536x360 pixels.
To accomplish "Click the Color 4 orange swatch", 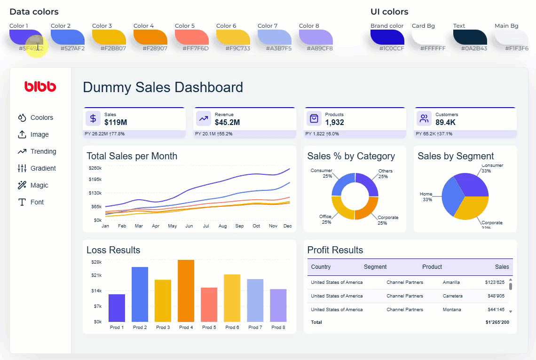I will [x=150, y=37].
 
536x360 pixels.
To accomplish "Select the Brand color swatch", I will [x=387, y=37].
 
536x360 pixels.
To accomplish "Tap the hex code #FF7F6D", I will [x=196, y=48].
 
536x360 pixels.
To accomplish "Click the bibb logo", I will [x=40, y=86].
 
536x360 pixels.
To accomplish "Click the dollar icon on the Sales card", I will [x=93, y=119].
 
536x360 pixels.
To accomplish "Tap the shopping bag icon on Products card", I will [x=314, y=119].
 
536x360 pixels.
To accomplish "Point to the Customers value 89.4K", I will [x=445, y=123].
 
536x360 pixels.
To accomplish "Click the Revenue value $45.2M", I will [x=227, y=123].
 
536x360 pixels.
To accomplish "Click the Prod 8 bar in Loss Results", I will [x=278, y=305].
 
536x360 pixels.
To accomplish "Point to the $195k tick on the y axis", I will [x=95, y=180].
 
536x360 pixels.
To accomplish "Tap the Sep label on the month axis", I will [x=239, y=226].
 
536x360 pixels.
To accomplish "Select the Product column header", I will [x=432, y=267].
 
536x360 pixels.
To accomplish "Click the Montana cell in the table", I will [x=451, y=310].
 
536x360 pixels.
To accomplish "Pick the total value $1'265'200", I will [x=497, y=322].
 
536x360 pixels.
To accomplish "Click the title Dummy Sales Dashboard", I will [x=163, y=87].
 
